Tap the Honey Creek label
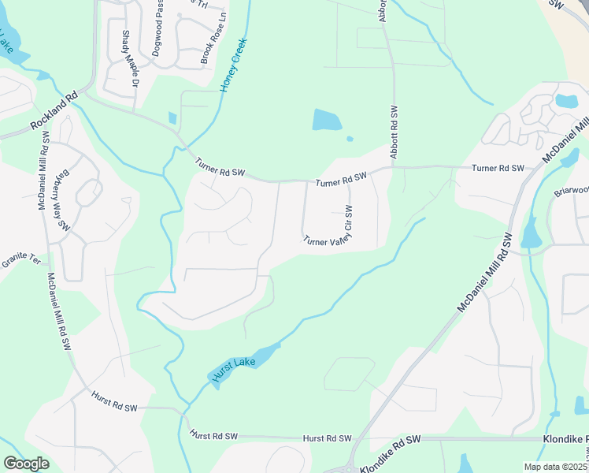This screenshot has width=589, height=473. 234,65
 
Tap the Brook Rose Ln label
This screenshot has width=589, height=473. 213,38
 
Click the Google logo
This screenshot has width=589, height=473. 26,464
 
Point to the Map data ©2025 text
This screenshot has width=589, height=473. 555,467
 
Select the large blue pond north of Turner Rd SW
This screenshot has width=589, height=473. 327,120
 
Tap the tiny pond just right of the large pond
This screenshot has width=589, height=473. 350,140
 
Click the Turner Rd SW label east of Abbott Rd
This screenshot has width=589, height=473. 498,168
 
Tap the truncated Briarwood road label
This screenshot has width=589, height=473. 570,190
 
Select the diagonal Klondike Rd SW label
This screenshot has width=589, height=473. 391,454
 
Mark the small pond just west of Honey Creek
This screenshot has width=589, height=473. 172,118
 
